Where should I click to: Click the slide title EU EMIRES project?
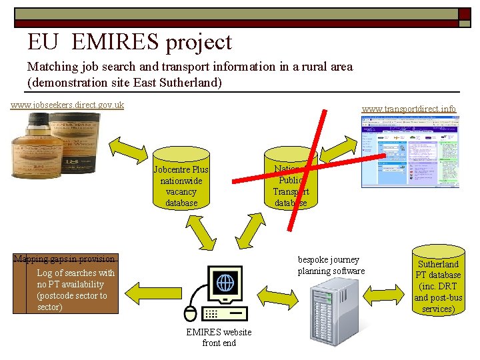(129, 42)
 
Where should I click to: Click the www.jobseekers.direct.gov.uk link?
(67, 105)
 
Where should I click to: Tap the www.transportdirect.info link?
(409, 108)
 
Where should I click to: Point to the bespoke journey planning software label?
(331, 265)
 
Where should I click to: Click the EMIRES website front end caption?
(219, 337)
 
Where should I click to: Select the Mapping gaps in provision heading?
(65, 259)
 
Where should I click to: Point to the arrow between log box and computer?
(155, 292)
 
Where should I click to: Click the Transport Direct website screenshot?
(411, 152)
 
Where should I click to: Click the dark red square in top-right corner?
(464, 14)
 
